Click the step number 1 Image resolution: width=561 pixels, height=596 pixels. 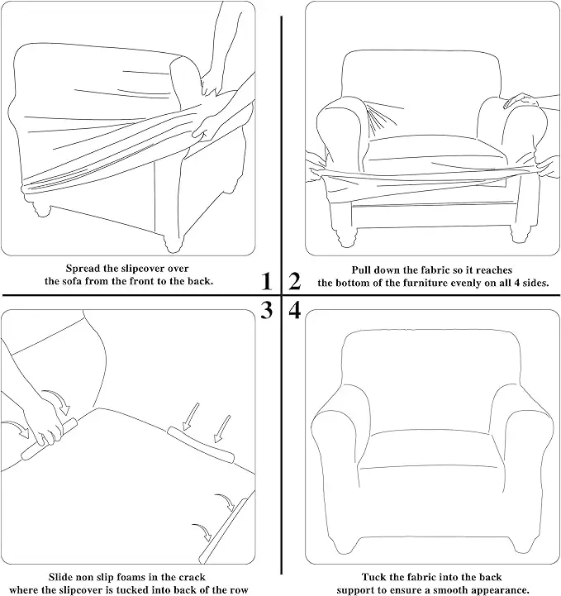tap(266, 282)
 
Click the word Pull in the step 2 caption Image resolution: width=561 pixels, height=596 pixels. tap(362, 269)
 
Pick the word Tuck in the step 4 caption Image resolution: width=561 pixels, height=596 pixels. tap(377, 577)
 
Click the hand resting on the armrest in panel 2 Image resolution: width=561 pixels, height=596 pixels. tap(521, 101)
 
